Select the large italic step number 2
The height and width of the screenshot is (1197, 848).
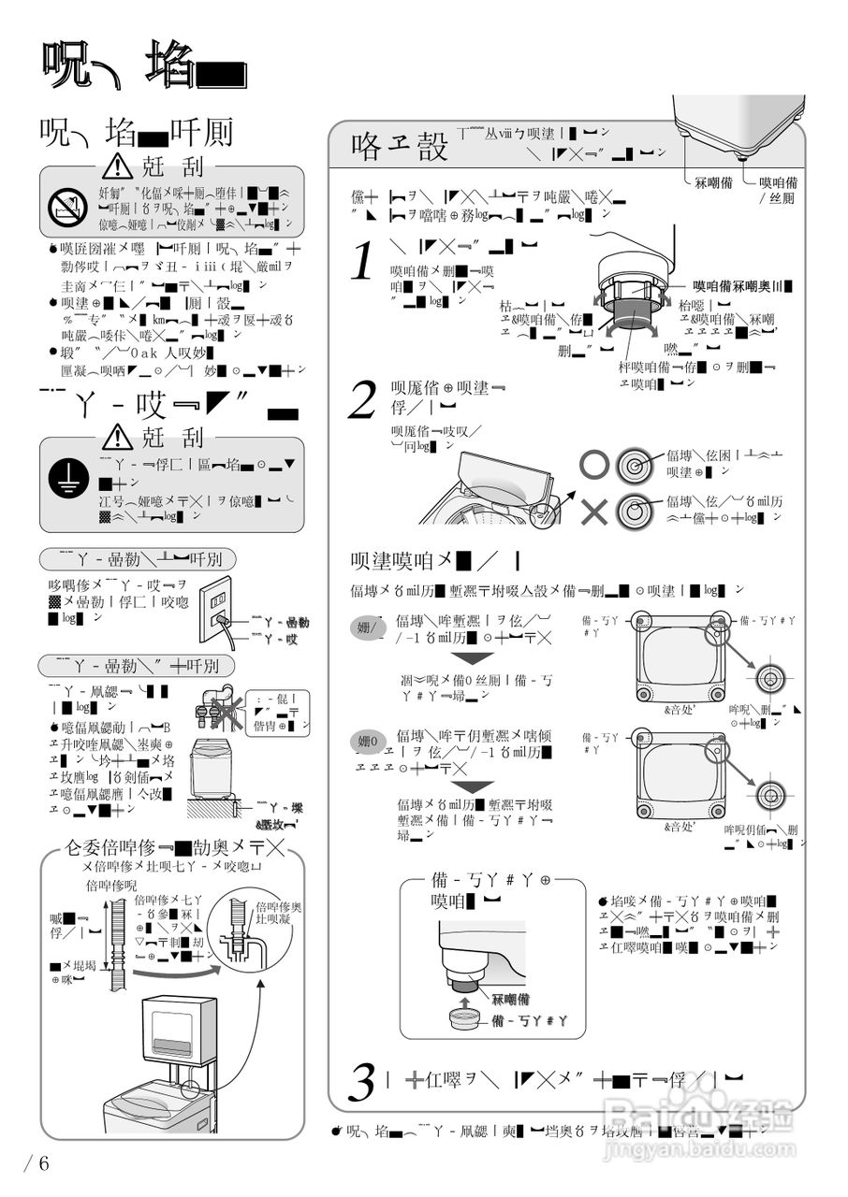(x=362, y=400)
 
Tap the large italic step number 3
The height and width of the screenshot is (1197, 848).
(x=362, y=1083)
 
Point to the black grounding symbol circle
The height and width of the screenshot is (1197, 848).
(x=67, y=477)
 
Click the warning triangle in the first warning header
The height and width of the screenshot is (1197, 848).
(x=117, y=166)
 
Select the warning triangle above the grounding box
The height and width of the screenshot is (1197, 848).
(x=117, y=436)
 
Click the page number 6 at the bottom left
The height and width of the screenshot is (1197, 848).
(x=37, y=1164)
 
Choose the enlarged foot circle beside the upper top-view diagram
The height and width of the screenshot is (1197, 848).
(x=771, y=678)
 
